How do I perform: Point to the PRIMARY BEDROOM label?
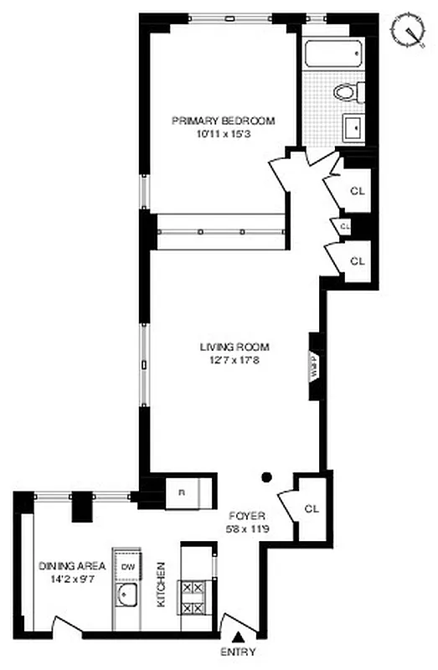223,121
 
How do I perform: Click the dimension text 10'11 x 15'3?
223,133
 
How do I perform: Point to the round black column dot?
266,477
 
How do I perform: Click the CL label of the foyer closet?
312,508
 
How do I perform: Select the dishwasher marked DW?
127,567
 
